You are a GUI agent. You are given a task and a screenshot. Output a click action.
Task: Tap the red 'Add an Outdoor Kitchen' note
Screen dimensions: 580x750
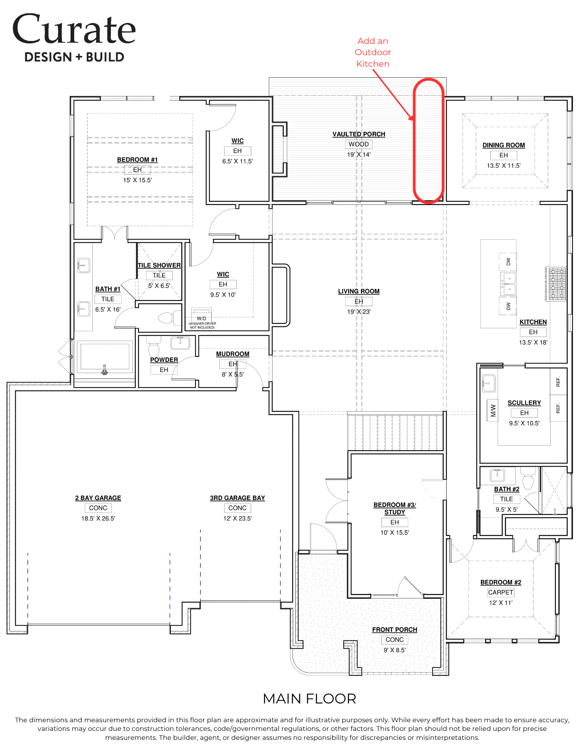[x=373, y=52]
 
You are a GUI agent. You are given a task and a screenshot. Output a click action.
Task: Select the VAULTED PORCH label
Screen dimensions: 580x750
[x=359, y=134]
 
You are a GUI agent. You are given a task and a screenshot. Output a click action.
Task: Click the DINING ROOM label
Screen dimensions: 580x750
[x=504, y=145]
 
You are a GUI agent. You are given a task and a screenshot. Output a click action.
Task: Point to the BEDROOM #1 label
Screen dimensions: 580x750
[x=137, y=160]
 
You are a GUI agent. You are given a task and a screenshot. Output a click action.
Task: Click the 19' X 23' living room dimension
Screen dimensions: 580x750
[x=359, y=312]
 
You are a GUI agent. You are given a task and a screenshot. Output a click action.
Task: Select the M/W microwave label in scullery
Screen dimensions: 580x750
[x=493, y=411]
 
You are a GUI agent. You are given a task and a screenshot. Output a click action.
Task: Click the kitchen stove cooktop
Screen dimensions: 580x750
[x=557, y=284]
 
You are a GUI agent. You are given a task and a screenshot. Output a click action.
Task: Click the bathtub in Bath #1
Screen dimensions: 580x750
[x=105, y=357]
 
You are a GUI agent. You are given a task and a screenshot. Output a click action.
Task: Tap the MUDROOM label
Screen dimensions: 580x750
[x=233, y=354]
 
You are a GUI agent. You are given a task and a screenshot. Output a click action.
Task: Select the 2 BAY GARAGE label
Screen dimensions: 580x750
[x=98, y=498]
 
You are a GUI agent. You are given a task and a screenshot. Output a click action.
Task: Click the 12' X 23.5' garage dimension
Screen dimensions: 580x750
[x=238, y=519]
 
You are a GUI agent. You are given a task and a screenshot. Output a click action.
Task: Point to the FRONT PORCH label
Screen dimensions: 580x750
[x=395, y=630]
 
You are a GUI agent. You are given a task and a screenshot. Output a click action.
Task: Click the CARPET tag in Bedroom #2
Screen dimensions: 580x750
[x=501, y=592]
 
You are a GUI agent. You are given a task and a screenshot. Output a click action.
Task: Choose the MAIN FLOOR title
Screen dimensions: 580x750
[x=309, y=699]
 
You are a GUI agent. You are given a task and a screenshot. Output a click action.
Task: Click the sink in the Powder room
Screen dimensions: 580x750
[x=180, y=343]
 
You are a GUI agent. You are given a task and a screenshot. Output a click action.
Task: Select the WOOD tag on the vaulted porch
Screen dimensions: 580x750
[x=359, y=144]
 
